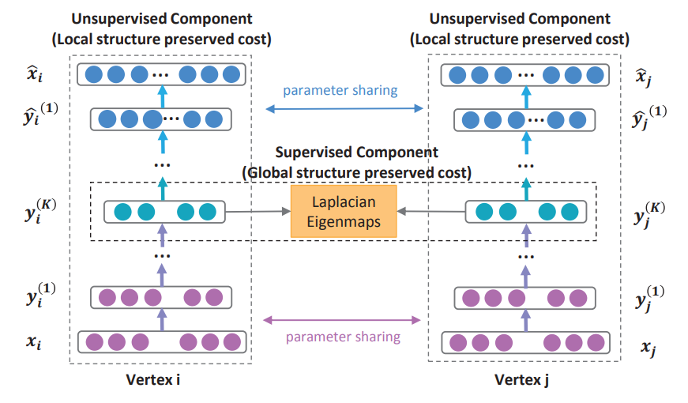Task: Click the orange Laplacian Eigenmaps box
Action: (344, 212)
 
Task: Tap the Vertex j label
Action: (521, 379)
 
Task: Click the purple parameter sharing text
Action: (343, 337)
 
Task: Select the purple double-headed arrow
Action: (341, 320)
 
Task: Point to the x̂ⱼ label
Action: (646, 76)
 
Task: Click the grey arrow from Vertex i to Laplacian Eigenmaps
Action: (258, 212)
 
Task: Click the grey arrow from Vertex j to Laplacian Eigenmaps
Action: (431, 212)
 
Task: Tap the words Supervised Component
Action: (355, 152)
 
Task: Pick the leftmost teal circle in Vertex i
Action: (122, 212)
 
